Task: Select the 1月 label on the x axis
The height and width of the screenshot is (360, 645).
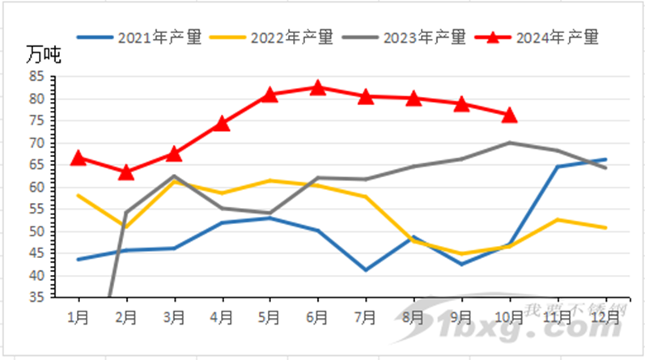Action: [x=79, y=316]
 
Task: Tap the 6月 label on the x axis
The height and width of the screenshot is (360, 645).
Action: [x=317, y=316]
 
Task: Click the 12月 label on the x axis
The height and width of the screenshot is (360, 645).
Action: [x=605, y=316]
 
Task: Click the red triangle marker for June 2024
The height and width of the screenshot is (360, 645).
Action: [x=317, y=87]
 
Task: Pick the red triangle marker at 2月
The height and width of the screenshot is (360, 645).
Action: [x=126, y=172]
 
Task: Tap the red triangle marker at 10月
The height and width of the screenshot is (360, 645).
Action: [x=509, y=115]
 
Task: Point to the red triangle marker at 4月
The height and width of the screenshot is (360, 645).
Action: [x=222, y=124]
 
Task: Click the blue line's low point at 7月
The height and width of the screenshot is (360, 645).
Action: [x=365, y=269]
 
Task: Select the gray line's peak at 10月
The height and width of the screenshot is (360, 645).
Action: [x=509, y=142]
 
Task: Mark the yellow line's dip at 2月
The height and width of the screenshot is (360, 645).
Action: [x=126, y=227]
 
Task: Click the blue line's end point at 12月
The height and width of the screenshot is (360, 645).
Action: [x=605, y=159]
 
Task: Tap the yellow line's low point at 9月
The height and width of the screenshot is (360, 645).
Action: [x=461, y=254]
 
